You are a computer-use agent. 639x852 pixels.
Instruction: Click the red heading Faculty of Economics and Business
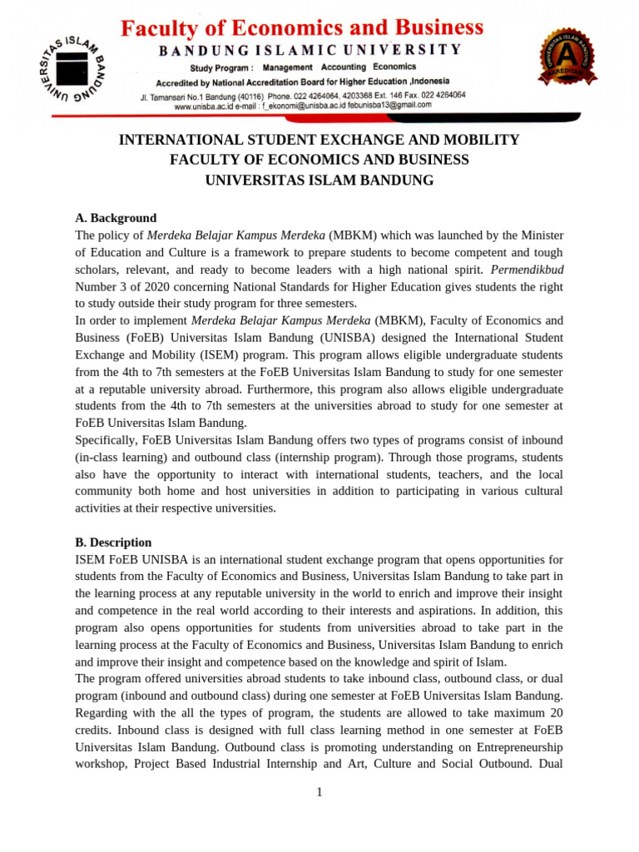coord(302,29)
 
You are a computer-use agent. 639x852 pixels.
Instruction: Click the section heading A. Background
coord(116,218)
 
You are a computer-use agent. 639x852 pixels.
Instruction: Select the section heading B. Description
coord(113,542)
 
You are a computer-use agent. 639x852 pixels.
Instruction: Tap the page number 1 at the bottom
coord(319,792)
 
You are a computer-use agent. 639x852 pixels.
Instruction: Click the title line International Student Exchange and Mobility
coord(319,140)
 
